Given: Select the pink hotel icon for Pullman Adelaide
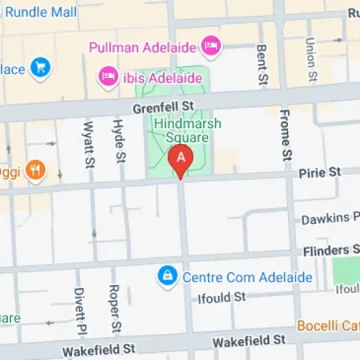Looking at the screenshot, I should coord(212,45).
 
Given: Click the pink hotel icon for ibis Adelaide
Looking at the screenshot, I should coord(109,76).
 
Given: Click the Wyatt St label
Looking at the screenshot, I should coord(90,143).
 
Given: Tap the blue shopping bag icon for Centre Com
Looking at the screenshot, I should coord(167,276).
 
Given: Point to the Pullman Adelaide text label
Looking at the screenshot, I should coord(143,48).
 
